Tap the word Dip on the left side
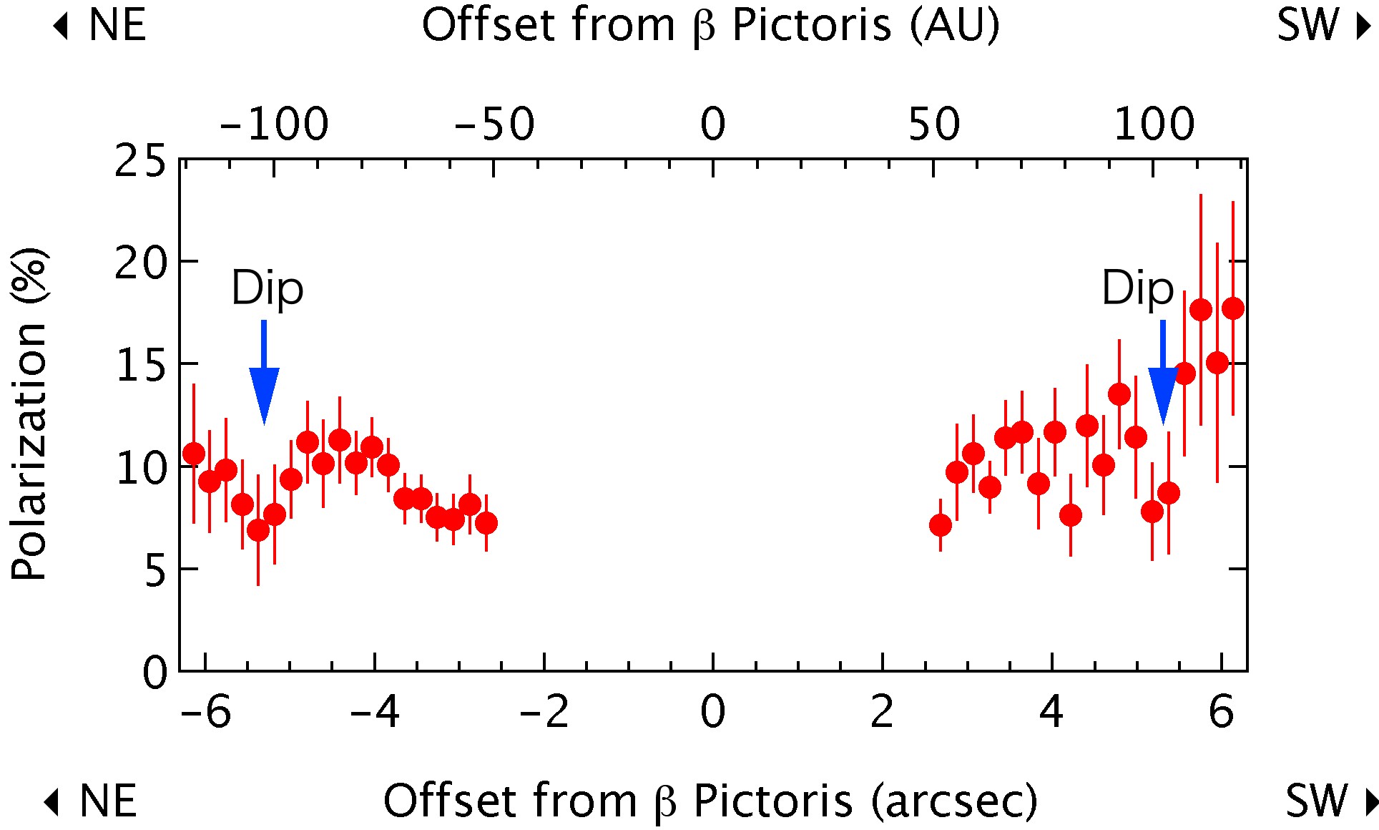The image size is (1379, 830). pyautogui.click(x=268, y=288)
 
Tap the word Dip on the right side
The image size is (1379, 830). pyautogui.click(x=1137, y=288)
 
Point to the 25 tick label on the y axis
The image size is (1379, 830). pyautogui.click(x=140, y=161)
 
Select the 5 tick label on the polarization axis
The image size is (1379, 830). pyautogui.click(x=155, y=571)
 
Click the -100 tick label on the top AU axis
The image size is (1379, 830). pyautogui.click(x=274, y=124)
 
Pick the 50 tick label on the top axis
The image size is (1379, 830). pyautogui.click(x=934, y=124)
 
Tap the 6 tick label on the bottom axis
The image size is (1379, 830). pyautogui.click(x=1221, y=712)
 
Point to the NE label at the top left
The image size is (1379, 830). pyautogui.click(x=117, y=25)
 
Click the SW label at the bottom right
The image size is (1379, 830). pyautogui.click(x=1315, y=801)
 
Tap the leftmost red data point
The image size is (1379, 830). pyautogui.click(x=193, y=454)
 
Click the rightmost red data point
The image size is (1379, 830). pyautogui.click(x=1232, y=308)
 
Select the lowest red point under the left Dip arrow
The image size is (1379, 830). pyautogui.click(x=258, y=531)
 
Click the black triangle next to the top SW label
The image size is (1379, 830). pyautogui.click(x=1364, y=26)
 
